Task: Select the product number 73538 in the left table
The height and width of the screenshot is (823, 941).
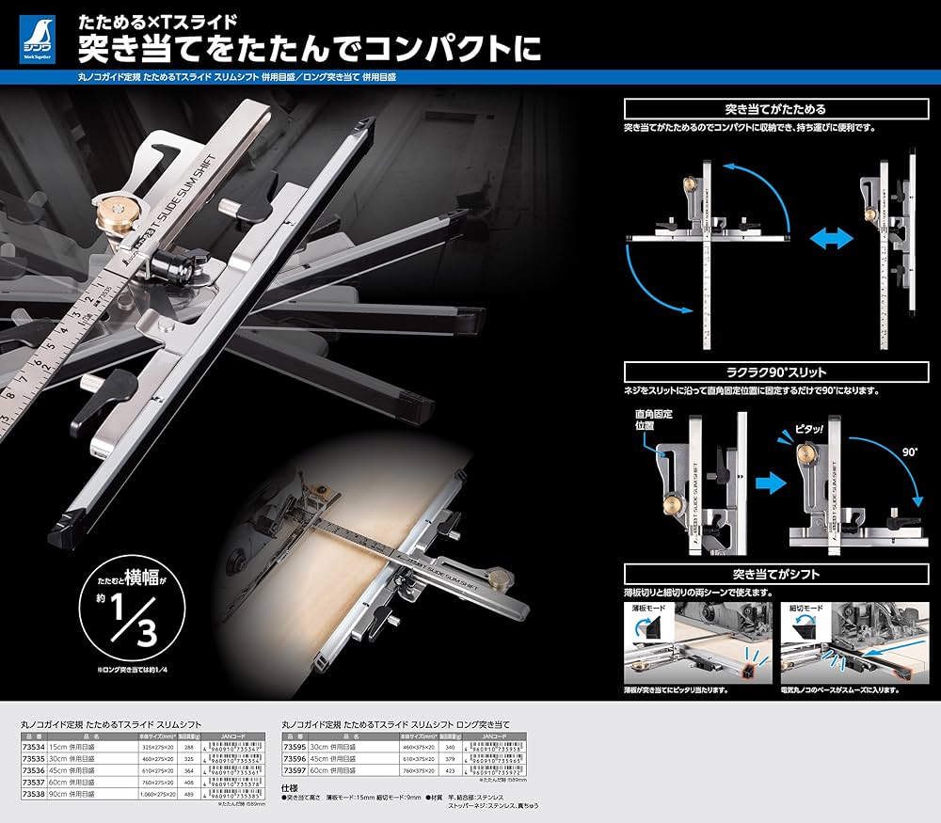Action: tap(34, 792)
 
